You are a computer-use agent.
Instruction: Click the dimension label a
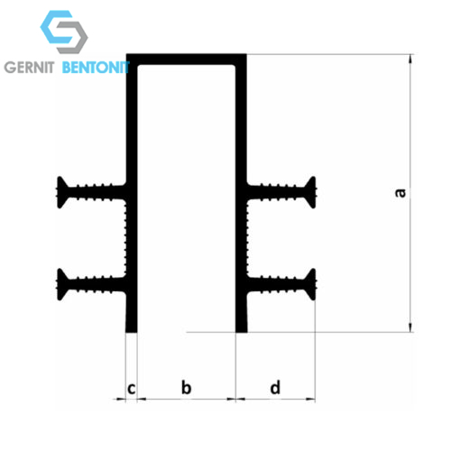pos(400,193)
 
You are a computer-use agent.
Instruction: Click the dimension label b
pos(187,387)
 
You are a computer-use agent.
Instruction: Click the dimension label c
pos(132,389)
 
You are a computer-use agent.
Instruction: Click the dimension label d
pos(275,387)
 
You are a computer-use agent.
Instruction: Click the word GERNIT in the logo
pos(29,68)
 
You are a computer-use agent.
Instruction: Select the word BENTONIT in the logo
pos(96,68)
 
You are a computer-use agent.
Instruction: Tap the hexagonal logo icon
pos(64,32)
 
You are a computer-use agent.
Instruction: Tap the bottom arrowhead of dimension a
pos(410,327)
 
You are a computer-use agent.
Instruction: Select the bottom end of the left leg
pos(131,332)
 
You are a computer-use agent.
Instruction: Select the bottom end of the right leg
pos(242,332)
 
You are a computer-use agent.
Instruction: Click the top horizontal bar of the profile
pos(187,60)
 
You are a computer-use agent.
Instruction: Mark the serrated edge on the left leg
pos(125,238)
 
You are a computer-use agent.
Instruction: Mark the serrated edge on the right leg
pos(247,238)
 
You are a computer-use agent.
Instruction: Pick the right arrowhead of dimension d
pos(310,400)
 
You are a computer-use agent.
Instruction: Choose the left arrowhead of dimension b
pos(142,400)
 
